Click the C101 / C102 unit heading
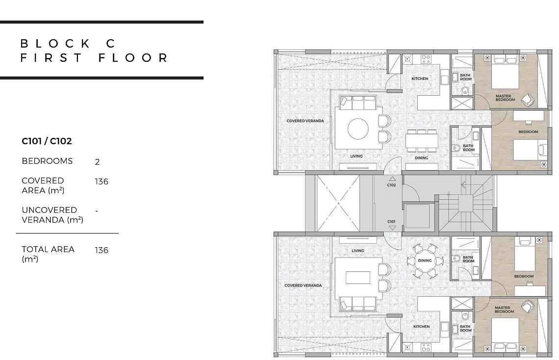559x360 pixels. [x=47, y=141]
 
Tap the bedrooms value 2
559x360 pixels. [x=97, y=162]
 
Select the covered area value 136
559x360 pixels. [x=102, y=182]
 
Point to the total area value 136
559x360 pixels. [x=102, y=250]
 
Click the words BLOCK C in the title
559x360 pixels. [x=68, y=44]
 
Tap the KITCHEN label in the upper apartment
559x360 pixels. [x=420, y=79]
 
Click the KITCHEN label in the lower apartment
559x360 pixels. [x=421, y=327]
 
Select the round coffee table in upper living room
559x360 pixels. [x=358, y=129]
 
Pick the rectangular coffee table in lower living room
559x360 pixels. [x=358, y=277]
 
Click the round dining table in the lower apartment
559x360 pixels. [x=425, y=260]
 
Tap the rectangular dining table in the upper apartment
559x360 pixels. [x=422, y=141]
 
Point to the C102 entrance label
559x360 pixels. [x=391, y=185]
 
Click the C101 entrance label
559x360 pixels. [x=391, y=221]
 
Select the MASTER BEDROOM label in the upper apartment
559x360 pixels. [x=505, y=98]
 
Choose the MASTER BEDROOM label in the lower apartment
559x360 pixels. [x=504, y=310]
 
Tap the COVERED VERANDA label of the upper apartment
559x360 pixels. [x=305, y=121]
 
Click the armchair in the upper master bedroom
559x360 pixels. [x=528, y=100]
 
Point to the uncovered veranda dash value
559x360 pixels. [x=97, y=211]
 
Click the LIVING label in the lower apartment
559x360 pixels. [x=358, y=251]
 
